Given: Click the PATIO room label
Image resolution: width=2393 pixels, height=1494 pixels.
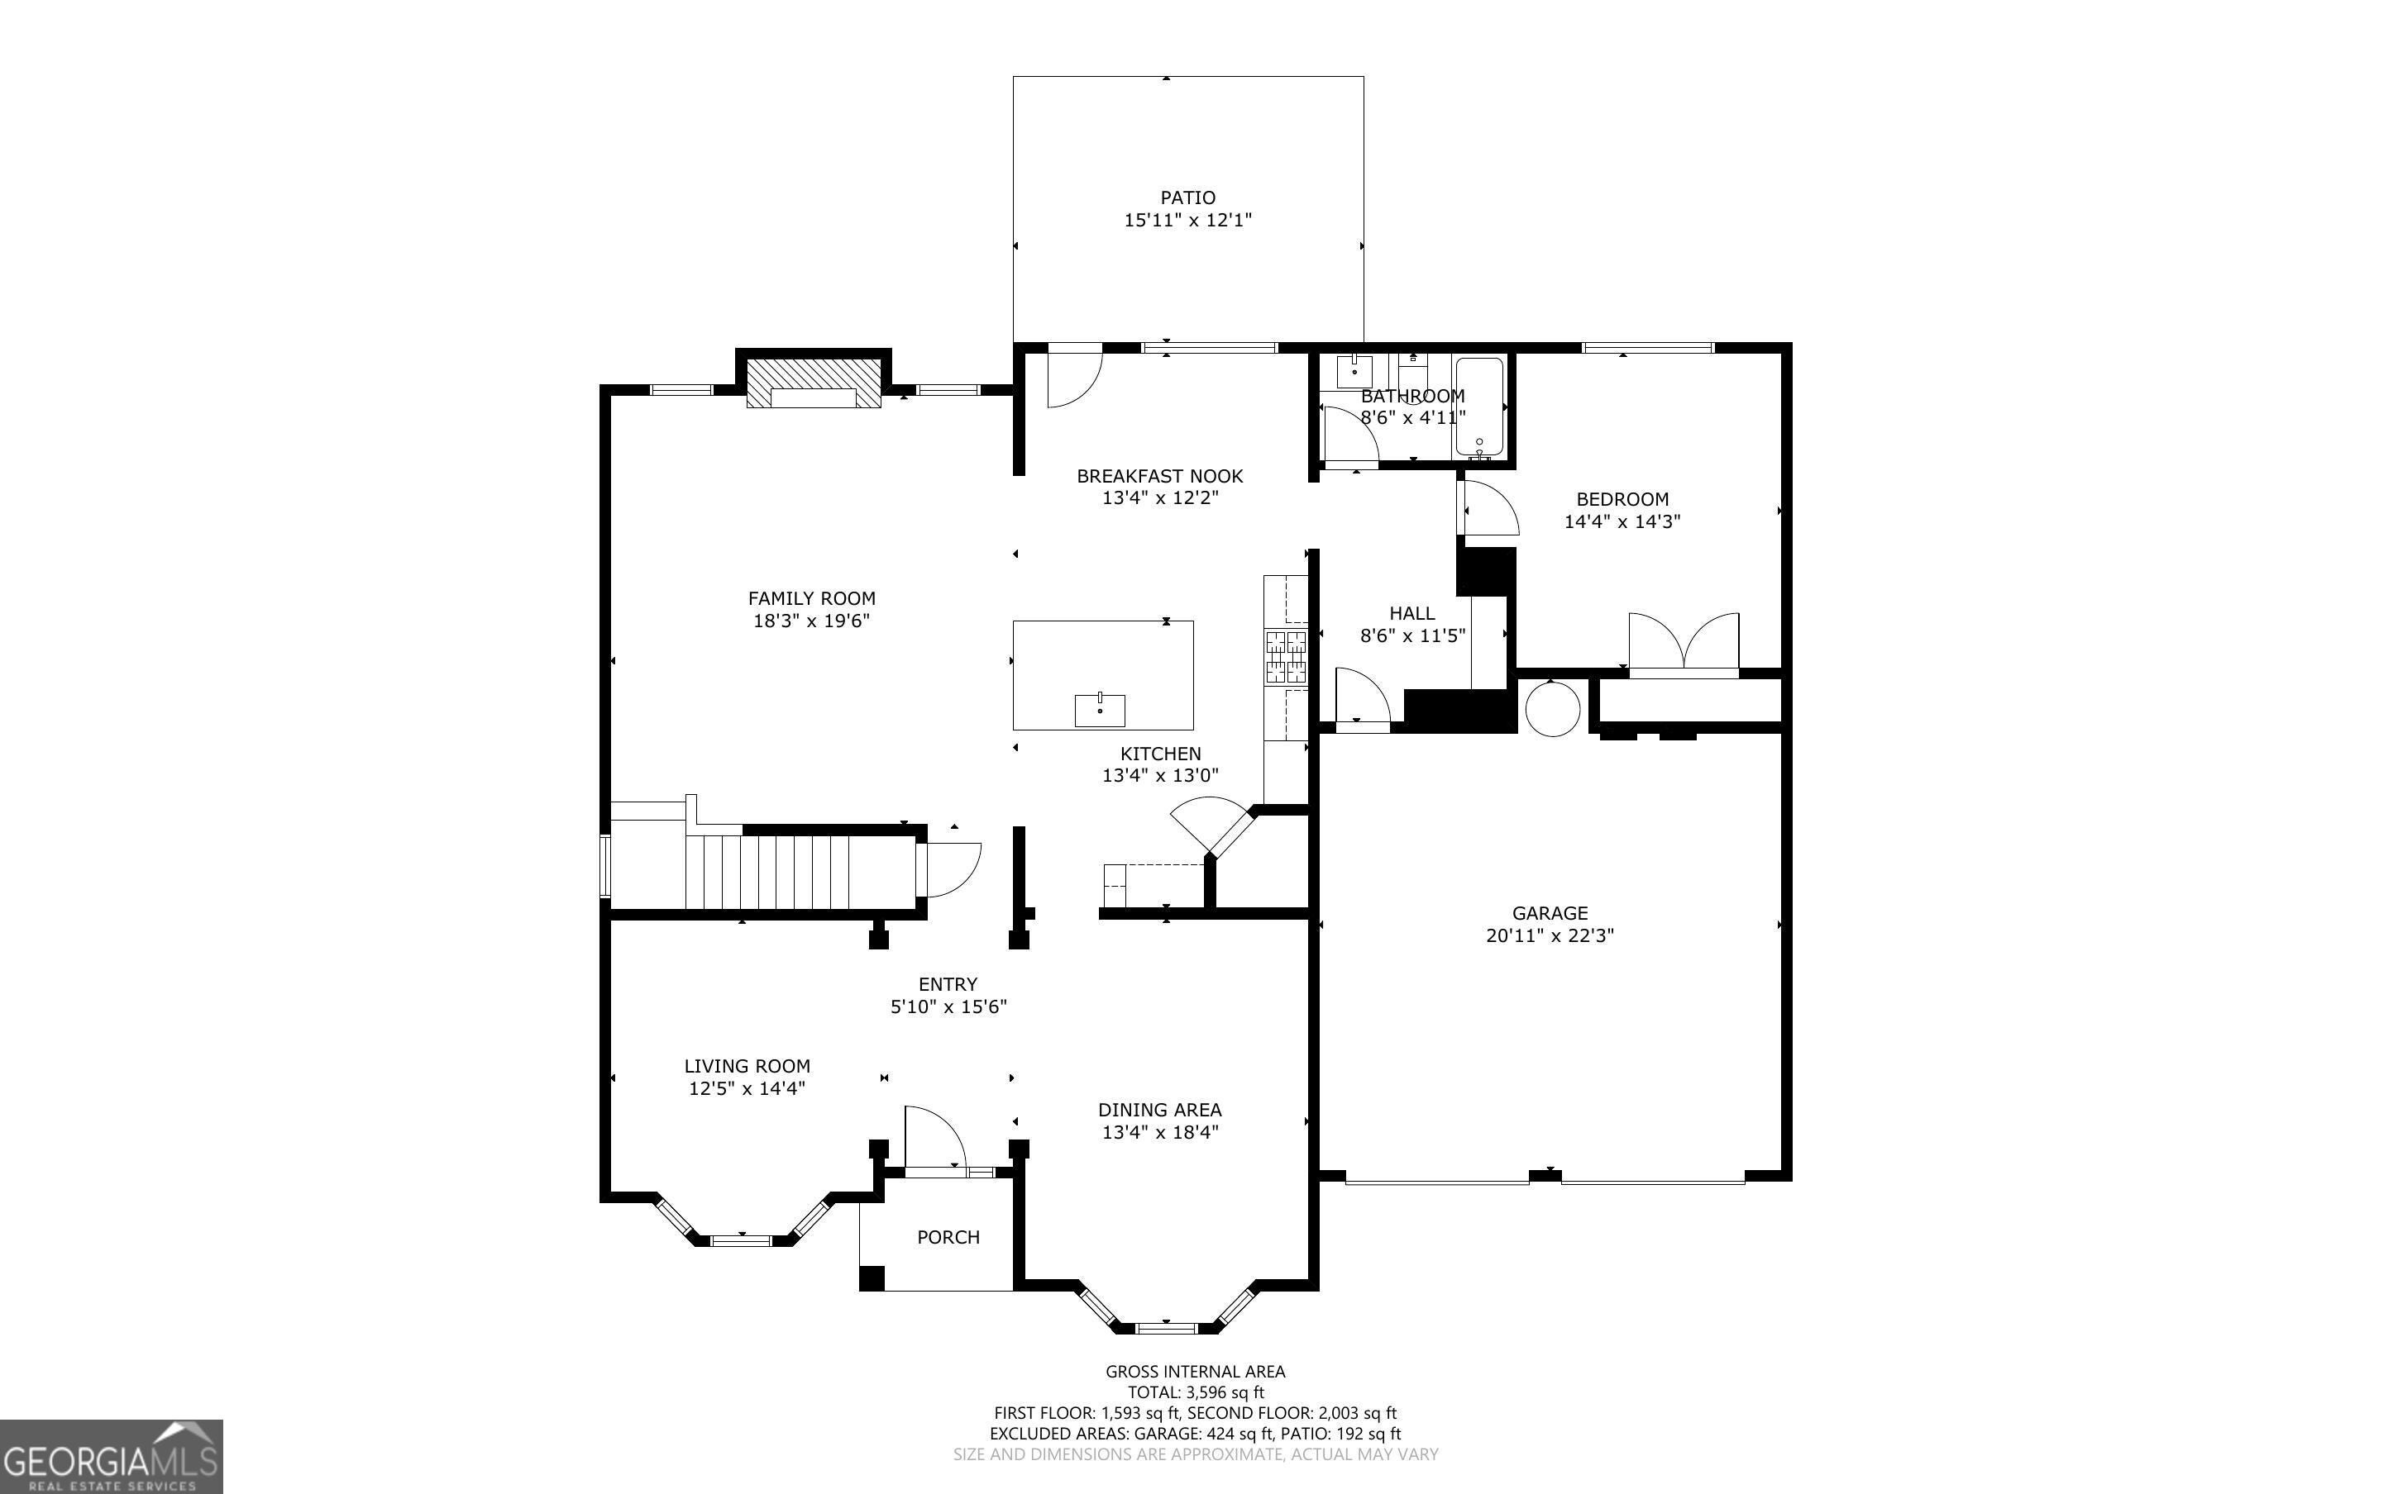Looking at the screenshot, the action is point(1187,197).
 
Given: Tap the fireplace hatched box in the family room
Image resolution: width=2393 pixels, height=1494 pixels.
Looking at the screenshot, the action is point(813,383).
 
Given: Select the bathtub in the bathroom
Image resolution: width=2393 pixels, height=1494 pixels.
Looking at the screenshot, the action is point(1478,408).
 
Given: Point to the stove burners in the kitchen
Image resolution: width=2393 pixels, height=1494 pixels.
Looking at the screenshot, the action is point(1286,657).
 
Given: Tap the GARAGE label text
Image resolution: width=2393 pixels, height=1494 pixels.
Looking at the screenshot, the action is point(1549,913).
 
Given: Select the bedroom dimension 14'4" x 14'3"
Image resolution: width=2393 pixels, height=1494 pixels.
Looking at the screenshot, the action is point(1622,521).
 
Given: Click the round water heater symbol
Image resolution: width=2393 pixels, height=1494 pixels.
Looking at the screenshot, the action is point(1552,707).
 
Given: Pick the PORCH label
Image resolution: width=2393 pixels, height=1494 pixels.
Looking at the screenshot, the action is point(948,1237).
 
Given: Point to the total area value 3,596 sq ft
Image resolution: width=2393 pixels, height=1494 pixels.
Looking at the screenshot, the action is point(1225,1393).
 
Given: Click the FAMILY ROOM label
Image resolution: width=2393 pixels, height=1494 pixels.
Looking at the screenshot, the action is point(811,597).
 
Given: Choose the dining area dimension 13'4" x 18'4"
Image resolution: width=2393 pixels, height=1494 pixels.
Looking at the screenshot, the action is point(1160,1132).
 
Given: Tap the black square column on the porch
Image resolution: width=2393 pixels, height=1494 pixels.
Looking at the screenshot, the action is point(871,1278).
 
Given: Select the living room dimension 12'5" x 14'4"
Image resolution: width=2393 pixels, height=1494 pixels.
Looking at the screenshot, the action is point(748,1089).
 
